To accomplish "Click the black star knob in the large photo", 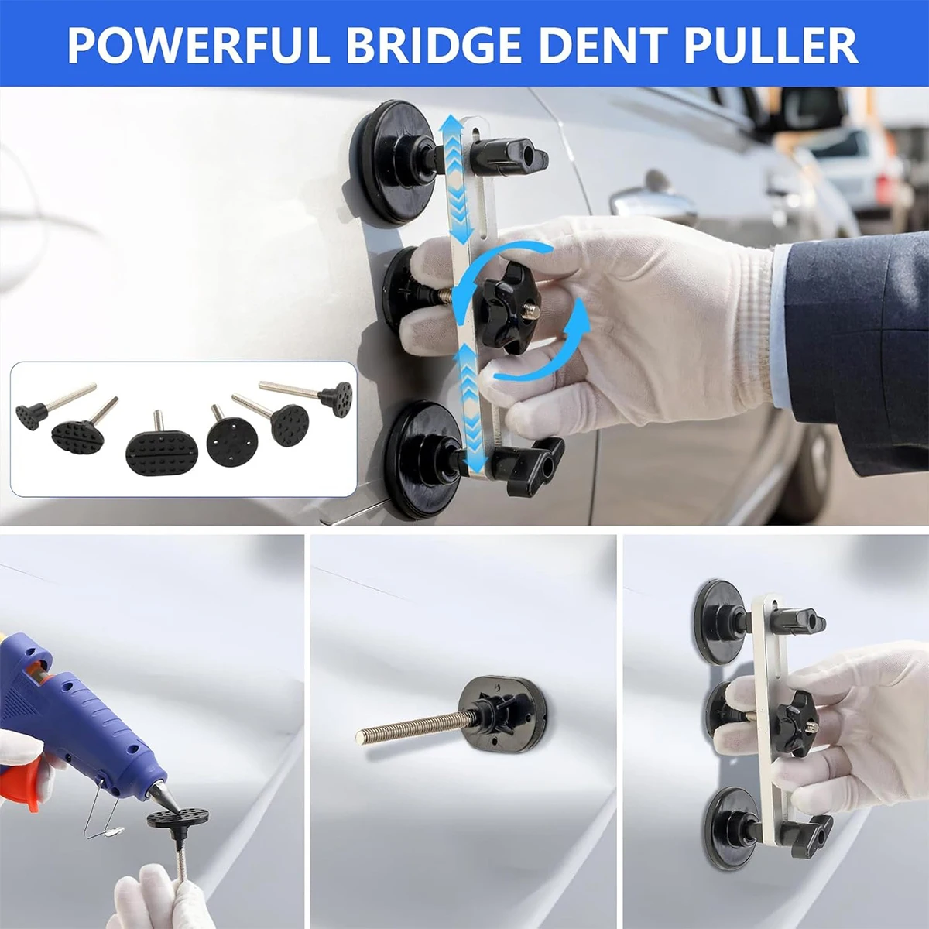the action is [x=504, y=309].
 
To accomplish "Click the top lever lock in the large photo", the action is [x=511, y=156].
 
